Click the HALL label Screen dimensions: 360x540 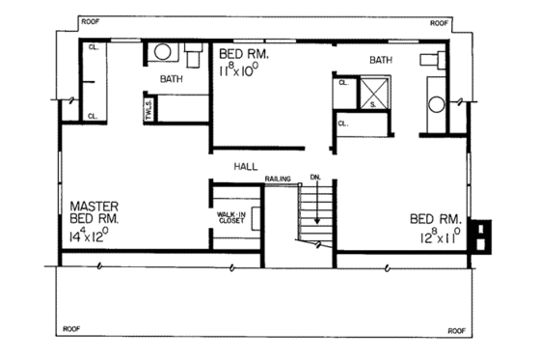[x=245, y=167]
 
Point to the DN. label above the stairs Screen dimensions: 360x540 [x=315, y=178]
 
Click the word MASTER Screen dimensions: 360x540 [x=93, y=206]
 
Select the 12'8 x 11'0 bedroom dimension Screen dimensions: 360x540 [x=440, y=235]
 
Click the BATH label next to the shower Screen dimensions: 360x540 [x=382, y=61]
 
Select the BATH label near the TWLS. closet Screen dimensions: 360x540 [x=173, y=79]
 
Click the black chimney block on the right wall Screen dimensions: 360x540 [x=481, y=236]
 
